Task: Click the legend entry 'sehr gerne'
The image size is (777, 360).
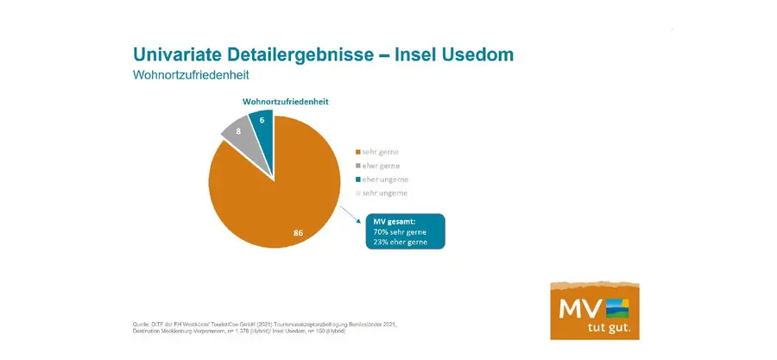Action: [x=380, y=151]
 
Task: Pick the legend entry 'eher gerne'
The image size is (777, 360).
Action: [x=380, y=165]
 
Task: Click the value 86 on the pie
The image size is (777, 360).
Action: [x=298, y=233]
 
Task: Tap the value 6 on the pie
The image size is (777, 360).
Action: [x=262, y=120]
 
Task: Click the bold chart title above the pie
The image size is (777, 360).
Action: [x=285, y=101]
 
